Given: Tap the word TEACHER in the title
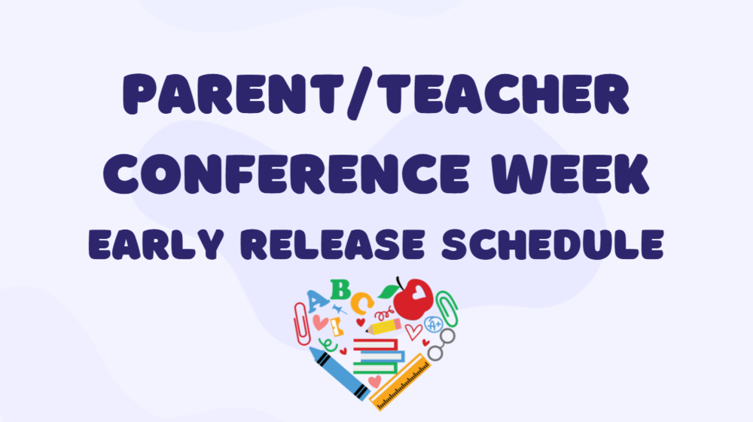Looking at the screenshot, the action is pos(503,93).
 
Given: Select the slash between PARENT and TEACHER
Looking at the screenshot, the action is pos(360,93).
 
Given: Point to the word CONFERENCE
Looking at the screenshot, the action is pos(286,174).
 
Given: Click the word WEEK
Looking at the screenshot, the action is pos(570,174).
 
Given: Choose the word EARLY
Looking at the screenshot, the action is pos(156,244).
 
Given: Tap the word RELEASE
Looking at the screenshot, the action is pos(333,244).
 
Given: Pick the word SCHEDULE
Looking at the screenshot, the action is pos(553,244).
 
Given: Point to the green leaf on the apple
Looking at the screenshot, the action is pos(388,292).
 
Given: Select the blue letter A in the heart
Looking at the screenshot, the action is pos(317,301).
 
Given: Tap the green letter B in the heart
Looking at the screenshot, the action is pos(340,289).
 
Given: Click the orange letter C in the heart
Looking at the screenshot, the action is pos(361,303).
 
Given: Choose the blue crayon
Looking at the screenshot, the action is pos(340,374).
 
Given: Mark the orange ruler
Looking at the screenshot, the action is pos(400,382).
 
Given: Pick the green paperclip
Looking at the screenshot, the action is pos(447,308).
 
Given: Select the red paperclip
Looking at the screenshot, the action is pos(302,325).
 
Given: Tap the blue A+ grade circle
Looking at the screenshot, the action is pos(434,325).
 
